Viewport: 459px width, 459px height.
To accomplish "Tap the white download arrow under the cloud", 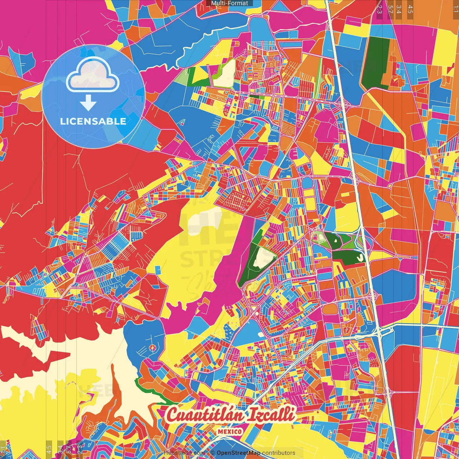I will pos(88,103).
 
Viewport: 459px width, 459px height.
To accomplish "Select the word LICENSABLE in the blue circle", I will pos(93,121).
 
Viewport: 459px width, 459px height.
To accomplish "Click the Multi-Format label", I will pos(229,3).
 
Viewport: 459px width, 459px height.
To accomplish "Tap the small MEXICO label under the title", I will pos(230,431).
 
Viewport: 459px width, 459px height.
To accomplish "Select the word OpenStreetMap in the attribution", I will pos(238,453).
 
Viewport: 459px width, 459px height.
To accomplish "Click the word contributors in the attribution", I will pos(278,453).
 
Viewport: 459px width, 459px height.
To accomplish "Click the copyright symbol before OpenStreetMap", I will pos(212,453).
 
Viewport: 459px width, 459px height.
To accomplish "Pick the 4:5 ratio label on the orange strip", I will pos(410,9).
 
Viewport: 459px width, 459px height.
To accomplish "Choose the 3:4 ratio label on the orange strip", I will pos(399,9).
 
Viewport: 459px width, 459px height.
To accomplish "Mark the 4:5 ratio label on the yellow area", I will pos(49,449).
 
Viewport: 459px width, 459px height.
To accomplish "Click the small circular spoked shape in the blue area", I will pos(152,347).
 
